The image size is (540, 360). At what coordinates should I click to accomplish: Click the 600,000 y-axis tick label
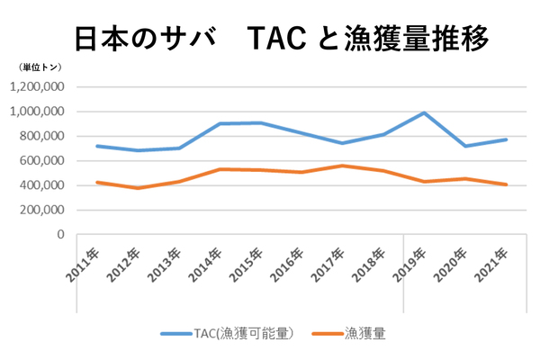point(41,161)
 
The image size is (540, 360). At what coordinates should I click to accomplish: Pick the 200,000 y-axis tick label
point(41,210)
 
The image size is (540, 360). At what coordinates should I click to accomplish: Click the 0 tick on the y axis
point(61,234)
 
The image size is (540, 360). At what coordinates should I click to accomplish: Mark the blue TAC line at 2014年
point(220,123)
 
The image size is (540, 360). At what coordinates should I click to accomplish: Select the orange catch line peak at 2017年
point(341,166)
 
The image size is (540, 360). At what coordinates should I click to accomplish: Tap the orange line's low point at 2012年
point(137,188)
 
